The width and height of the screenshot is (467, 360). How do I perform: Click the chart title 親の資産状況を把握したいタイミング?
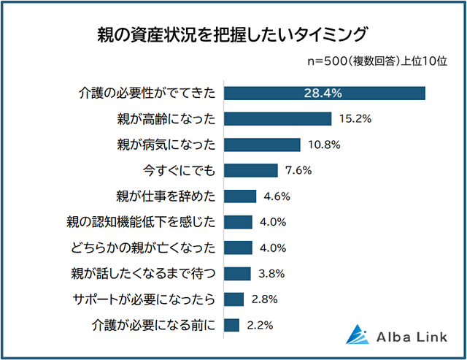[233, 34]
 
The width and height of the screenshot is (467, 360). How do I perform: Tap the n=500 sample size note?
[376, 62]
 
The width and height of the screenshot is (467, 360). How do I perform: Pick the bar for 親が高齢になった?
[277, 118]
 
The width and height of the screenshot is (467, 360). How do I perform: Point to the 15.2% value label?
[356, 118]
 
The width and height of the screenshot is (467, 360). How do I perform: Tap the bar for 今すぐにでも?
[250, 170]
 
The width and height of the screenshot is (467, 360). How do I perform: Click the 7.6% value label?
[298, 170]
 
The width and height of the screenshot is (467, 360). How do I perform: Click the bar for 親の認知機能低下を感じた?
[238, 222]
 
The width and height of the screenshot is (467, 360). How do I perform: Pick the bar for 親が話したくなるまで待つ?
[237, 274]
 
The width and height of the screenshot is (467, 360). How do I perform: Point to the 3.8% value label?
[271, 274]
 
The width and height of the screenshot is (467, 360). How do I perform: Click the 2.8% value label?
[264, 299]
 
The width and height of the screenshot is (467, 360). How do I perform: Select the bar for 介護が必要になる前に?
[231, 325]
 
